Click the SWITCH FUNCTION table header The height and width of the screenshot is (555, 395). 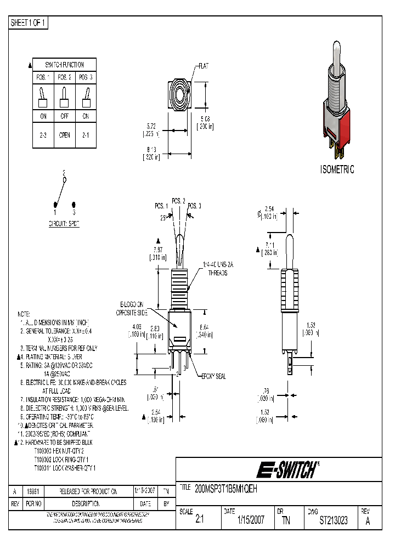pyautogui.click(x=65, y=65)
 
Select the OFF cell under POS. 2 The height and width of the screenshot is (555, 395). pyautogui.click(x=65, y=116)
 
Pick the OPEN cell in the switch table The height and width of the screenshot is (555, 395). pyautogui.click(x=65, y=135)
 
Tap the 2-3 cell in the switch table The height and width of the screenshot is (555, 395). pyautogui.click(x=43, y=135)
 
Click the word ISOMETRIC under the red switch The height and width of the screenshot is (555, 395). pyautogui.click(x=337, y=169)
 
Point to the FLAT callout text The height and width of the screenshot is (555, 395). pyautogui.click(x=202, y=66)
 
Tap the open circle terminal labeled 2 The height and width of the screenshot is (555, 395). pyautogui.click(x=64, y=179)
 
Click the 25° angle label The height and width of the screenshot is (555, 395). pyautogui.click(x=163, y=218)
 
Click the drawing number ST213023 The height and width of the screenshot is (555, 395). pyautogui.click(x=333, y=520)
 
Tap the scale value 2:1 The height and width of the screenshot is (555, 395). pyautogui.click(x=200, y=520)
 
